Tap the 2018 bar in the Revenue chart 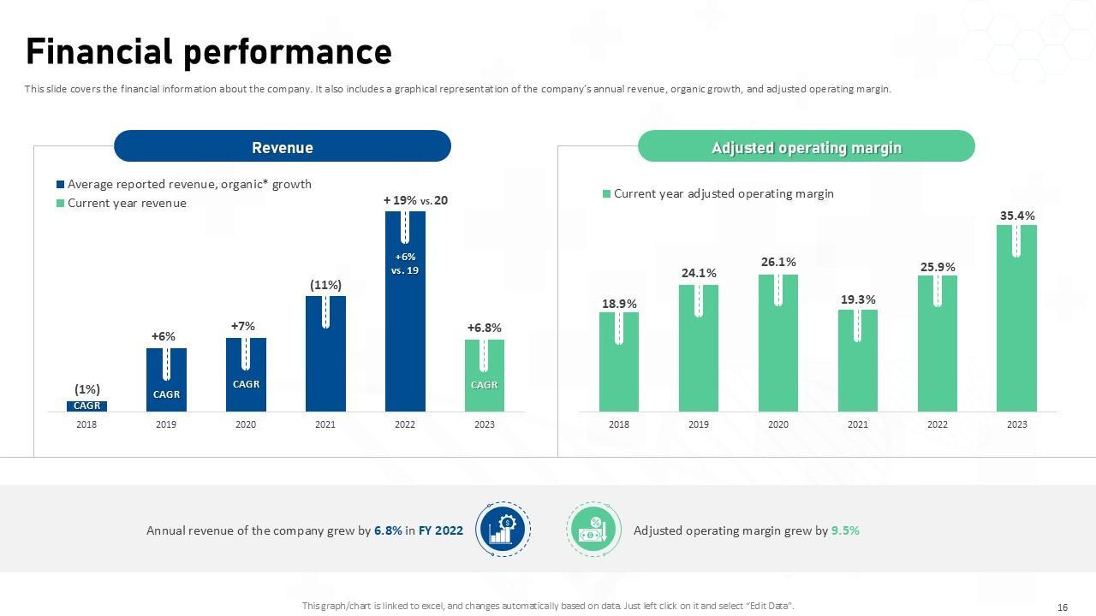[86, 406]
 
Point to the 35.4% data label [1016, 216]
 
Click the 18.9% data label [619, 304]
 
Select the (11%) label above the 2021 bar [325, 285]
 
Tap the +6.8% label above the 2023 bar [484, 328]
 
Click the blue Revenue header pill [282, 147]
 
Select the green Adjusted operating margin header [806, 147]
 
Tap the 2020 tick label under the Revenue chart [246, 424]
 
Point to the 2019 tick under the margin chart [698, 424]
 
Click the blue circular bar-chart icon [503, 530]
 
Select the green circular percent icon [592, 530]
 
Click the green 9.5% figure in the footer [845, 530]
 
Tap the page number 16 [1063, 607]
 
